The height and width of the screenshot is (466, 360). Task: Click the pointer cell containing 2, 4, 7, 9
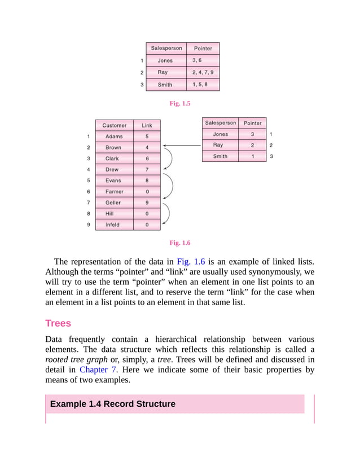tap(203, 72)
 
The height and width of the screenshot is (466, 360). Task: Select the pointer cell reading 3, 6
tap(203, 60)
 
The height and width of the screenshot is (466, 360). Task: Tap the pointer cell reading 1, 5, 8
tap(203, 85)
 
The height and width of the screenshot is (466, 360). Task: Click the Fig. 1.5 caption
tap(180, 104)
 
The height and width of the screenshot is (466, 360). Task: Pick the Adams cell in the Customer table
tap(114, 137)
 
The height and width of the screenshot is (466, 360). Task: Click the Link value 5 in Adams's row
tap(147, 137)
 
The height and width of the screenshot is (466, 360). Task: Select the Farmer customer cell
tap(114, 192)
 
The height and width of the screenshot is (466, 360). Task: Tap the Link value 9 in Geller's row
tap(147, 203)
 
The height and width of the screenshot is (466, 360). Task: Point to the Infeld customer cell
tap(114, 225)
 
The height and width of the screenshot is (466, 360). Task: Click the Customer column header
tap(114, 125)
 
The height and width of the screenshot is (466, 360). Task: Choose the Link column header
tap(147, 125)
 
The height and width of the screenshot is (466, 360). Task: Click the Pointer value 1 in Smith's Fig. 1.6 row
tap(252, 156)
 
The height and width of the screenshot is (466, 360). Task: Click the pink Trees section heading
tap(58, 324)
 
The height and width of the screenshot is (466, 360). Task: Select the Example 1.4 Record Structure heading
tap(113, 404)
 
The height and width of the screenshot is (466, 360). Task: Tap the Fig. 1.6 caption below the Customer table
tap(180, 243)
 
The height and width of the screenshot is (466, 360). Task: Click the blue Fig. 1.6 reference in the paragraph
tap(191, 262)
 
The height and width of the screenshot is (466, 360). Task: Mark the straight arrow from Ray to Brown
tap(182, 146)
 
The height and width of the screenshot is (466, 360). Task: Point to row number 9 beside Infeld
tap(89, 225)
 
